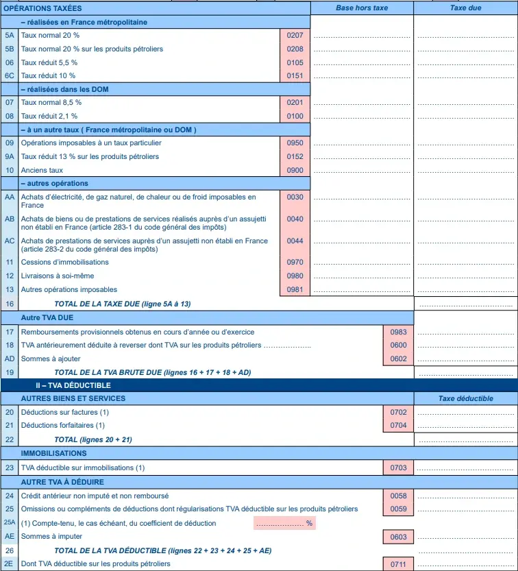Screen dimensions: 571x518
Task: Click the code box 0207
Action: [x=295, y=35]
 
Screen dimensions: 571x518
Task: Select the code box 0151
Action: [x=295, y=75]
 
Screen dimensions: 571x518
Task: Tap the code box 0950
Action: [x=295, y=143]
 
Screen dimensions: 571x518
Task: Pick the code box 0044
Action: [x=295, y=241]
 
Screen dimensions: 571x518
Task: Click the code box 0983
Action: [x=398, y=332]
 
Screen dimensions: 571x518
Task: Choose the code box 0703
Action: [x=398, y=468]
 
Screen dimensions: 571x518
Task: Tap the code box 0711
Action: [x=398, y=563]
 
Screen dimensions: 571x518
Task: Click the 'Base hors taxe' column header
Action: [x=362, y=8]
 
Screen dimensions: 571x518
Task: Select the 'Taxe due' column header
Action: [x=466, y=8]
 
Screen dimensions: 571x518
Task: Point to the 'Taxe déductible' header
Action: [x=466, y=398]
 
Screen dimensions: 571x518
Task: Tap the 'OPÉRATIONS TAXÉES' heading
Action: [x=42, y=8]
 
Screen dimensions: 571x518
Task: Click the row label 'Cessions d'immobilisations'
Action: [x=65, y=263]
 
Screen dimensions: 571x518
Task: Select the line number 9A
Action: [x=10, y=157]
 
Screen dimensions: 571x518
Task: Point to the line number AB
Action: [x=10, y=219]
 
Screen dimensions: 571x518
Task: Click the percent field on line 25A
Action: [x=284, y=523]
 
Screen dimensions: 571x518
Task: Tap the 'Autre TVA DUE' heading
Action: [x=47, y=318]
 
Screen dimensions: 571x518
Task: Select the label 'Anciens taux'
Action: [x=42, y=171]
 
